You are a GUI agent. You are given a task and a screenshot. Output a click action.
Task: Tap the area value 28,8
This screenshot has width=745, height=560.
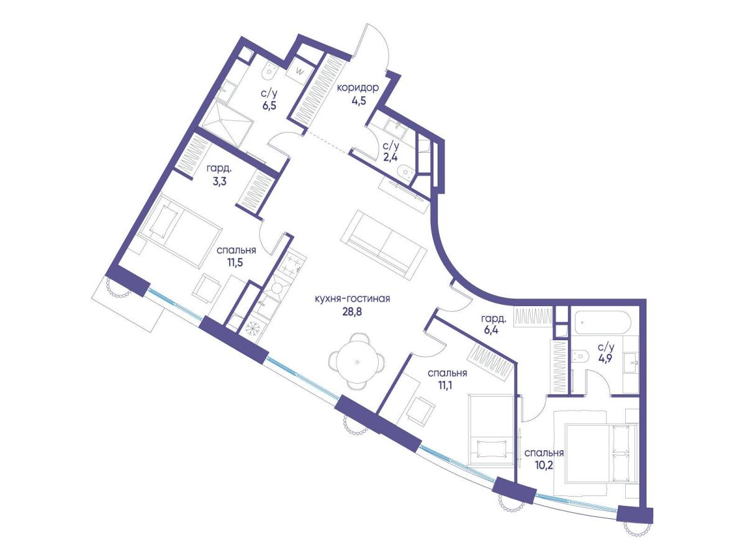pos(352,311)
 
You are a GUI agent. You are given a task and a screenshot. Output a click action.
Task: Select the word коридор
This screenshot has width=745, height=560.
pos(358,88)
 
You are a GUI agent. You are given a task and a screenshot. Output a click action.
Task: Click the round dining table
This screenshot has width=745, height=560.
pos(357,361)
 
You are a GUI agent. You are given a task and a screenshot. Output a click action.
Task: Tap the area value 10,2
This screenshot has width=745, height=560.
pos(543,464)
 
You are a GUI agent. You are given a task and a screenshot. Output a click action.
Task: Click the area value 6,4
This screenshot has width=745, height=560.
pos(491,329)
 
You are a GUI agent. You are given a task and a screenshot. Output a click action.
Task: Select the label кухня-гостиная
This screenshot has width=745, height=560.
pos(352,299)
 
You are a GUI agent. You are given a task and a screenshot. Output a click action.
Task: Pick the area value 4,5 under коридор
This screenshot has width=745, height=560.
pos(358,101)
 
